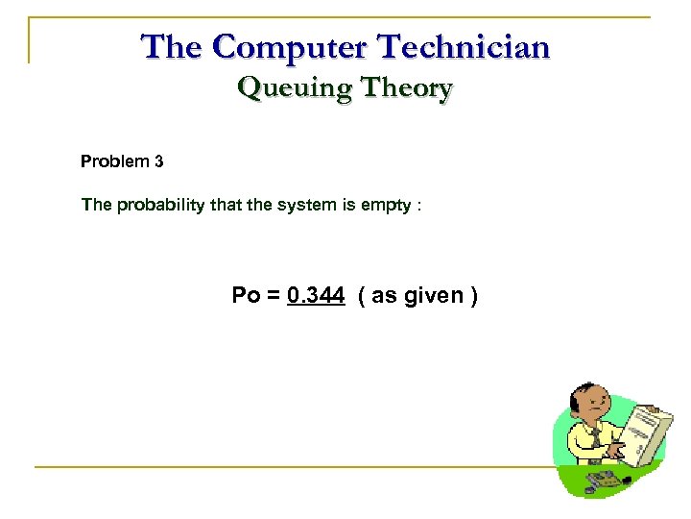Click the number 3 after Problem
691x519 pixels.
click(158, 161)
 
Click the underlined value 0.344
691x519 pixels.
click(315, 295)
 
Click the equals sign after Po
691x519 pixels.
click(273, 295)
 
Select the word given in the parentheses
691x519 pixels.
click(430, 295)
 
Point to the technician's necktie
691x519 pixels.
click(596, 437)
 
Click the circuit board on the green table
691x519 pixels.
click(599, 479)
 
